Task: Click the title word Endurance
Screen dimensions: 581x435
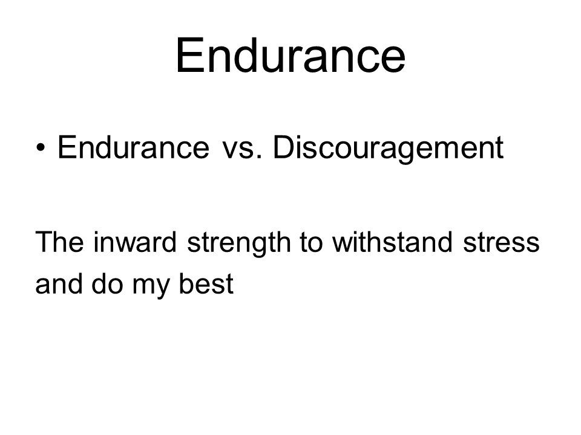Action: [x=290, y=56]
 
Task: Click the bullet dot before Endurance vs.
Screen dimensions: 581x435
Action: [x=41, y=148]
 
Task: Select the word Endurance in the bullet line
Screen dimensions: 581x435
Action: [x=133, y=147]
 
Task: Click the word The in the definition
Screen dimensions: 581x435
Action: [x=60, y=242]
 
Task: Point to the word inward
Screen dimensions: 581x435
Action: [x=135, y=242]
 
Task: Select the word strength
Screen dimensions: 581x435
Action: [x=239, y=244]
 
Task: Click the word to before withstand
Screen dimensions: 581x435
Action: [x=311, y=243]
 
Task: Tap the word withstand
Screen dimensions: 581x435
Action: [x=392, y=242]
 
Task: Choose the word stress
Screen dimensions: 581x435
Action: [x=501, y=244]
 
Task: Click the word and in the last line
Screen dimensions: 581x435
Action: [x=59, y=284]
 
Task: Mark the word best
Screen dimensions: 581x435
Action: [x=206, y=284]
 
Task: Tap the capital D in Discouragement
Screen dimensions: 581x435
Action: [x=284, y=147]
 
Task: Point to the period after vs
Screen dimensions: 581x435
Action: [x=260, y=157]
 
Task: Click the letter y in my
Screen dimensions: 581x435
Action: [x=162, y=289]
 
